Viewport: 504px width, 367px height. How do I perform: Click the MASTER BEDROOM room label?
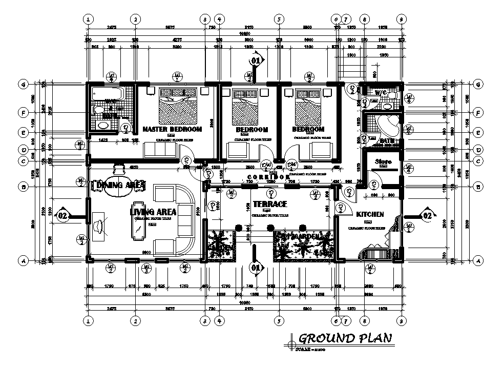coord(172,129)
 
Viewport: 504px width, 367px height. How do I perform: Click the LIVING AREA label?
coord(154,211)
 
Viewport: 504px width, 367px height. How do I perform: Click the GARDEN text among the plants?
coord(312,235)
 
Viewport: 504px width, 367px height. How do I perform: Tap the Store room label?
coord(383,162)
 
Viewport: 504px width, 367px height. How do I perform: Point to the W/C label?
coord(380,93)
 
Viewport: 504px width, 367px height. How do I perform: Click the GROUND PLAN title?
coord(345,338)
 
